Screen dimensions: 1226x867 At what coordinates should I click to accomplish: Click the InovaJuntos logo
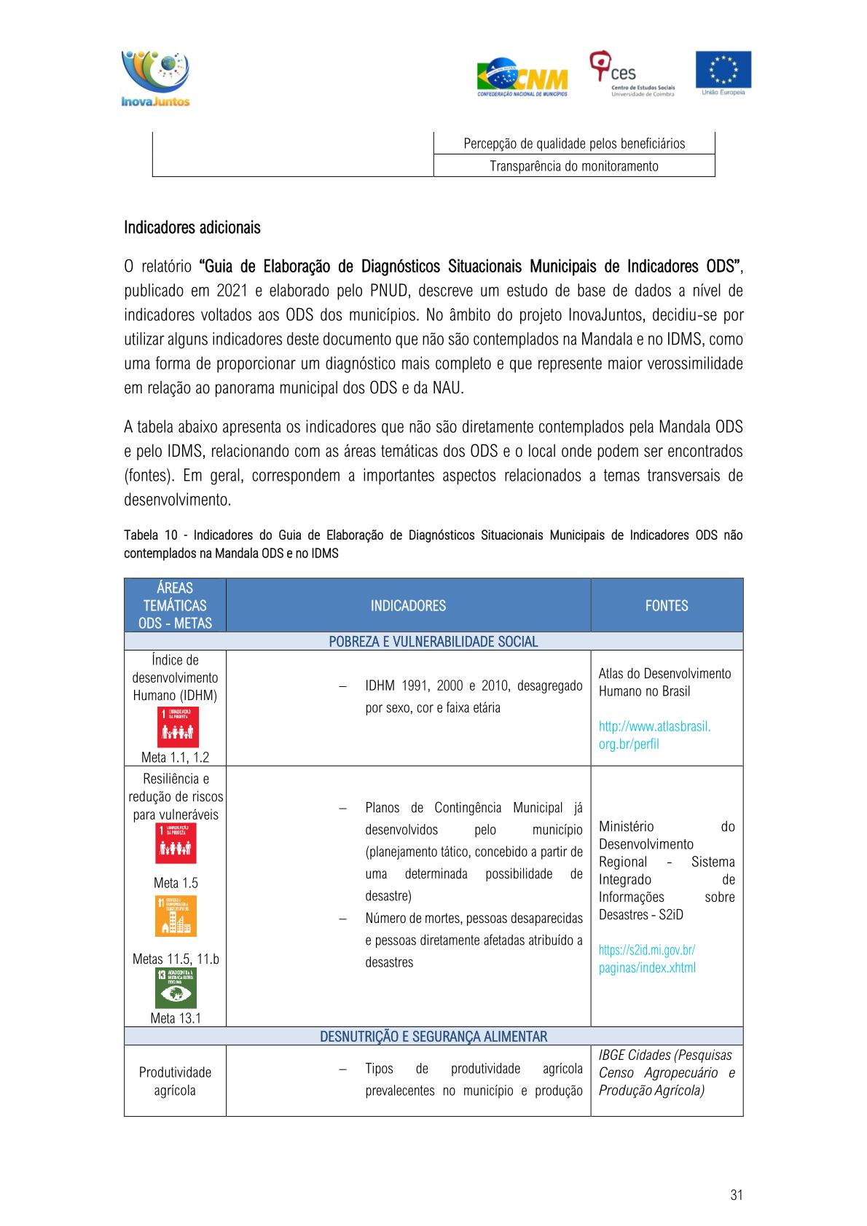click(155, 78)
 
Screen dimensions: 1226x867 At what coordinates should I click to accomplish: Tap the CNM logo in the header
click(522, 77)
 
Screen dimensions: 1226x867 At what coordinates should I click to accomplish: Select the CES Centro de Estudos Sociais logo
click(632, 74)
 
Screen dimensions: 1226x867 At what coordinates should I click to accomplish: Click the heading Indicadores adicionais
click(192, 227)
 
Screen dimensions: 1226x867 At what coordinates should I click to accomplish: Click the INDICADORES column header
click(408, 605)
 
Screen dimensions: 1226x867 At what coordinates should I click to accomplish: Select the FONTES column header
click(666, 605)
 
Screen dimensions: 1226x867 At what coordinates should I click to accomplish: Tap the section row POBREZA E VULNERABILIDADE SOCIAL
click(433, 641)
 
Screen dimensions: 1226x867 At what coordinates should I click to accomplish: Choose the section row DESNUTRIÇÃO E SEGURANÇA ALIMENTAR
click(433, 1036)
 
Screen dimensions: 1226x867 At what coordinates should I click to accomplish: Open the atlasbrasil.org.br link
click(654, 735)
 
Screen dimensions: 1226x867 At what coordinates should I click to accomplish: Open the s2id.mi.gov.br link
click(647, 959)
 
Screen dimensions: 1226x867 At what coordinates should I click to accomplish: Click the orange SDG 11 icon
click(176, 916)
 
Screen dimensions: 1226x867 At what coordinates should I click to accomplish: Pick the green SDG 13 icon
click(176, 988)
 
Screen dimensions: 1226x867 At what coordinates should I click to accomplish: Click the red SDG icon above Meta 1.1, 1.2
click(178, 726)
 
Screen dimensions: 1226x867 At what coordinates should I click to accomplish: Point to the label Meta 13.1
click(176, 1018)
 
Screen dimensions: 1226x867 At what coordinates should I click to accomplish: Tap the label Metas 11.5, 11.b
click(176, 959)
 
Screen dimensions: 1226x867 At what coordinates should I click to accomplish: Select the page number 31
click(736, 1195)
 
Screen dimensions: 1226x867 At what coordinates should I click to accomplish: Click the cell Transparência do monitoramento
click(573, 166)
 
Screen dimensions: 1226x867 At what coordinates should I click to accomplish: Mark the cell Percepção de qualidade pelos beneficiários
click(573, 144)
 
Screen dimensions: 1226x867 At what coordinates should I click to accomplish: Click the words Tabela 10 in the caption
click(151, 535)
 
